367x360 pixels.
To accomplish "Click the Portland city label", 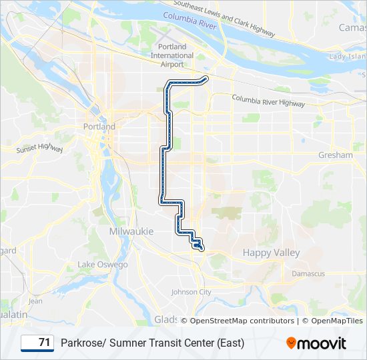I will (99, 127).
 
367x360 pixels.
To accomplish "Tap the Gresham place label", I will (336, 155).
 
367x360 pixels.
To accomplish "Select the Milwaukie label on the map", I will (131, 231).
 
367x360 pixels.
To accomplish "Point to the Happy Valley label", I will (271, 253).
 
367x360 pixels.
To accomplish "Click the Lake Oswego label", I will (103, 265).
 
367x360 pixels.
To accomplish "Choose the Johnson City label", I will (191, 292).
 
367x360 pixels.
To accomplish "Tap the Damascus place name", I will (308, 274).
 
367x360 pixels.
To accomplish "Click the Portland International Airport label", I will (172, 55).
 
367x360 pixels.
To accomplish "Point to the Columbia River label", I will (188, 22).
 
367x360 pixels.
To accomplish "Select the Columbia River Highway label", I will (268, 101).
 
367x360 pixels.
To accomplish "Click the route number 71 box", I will (37, 343).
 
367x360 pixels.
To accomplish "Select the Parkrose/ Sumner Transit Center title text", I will (152, 343).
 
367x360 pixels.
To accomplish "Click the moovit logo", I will (316, 343).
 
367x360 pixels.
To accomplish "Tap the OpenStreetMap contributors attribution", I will (242, 321).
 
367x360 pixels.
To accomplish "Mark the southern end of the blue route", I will (198, 247).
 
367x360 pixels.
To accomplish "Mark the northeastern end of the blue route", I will (206, 79).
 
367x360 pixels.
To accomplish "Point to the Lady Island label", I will (346, 57).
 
